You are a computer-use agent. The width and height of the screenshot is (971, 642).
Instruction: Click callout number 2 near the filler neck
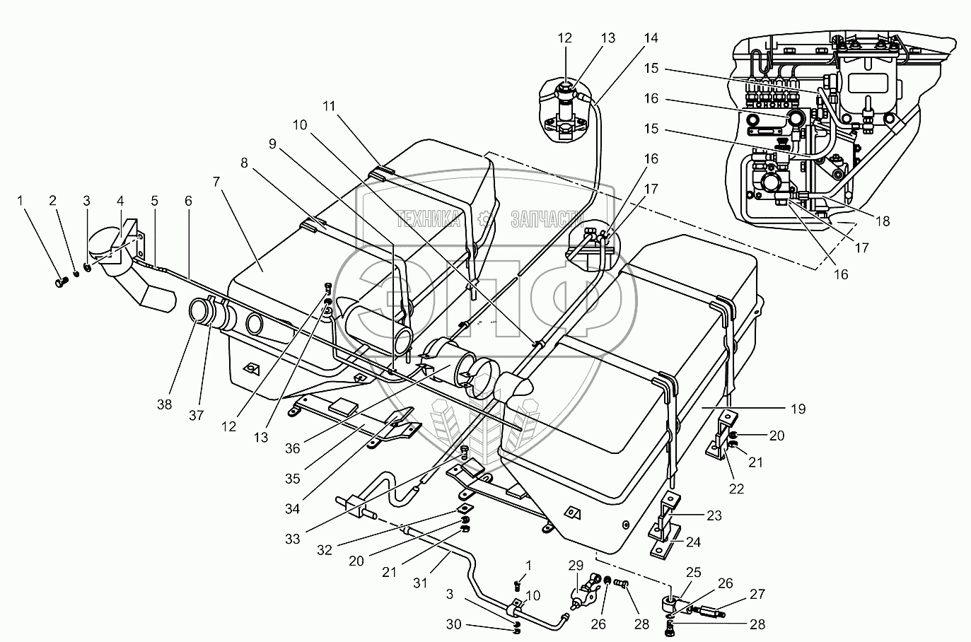53,201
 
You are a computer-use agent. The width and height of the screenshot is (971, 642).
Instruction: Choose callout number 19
798,409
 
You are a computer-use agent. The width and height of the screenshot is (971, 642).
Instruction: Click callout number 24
714,543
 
